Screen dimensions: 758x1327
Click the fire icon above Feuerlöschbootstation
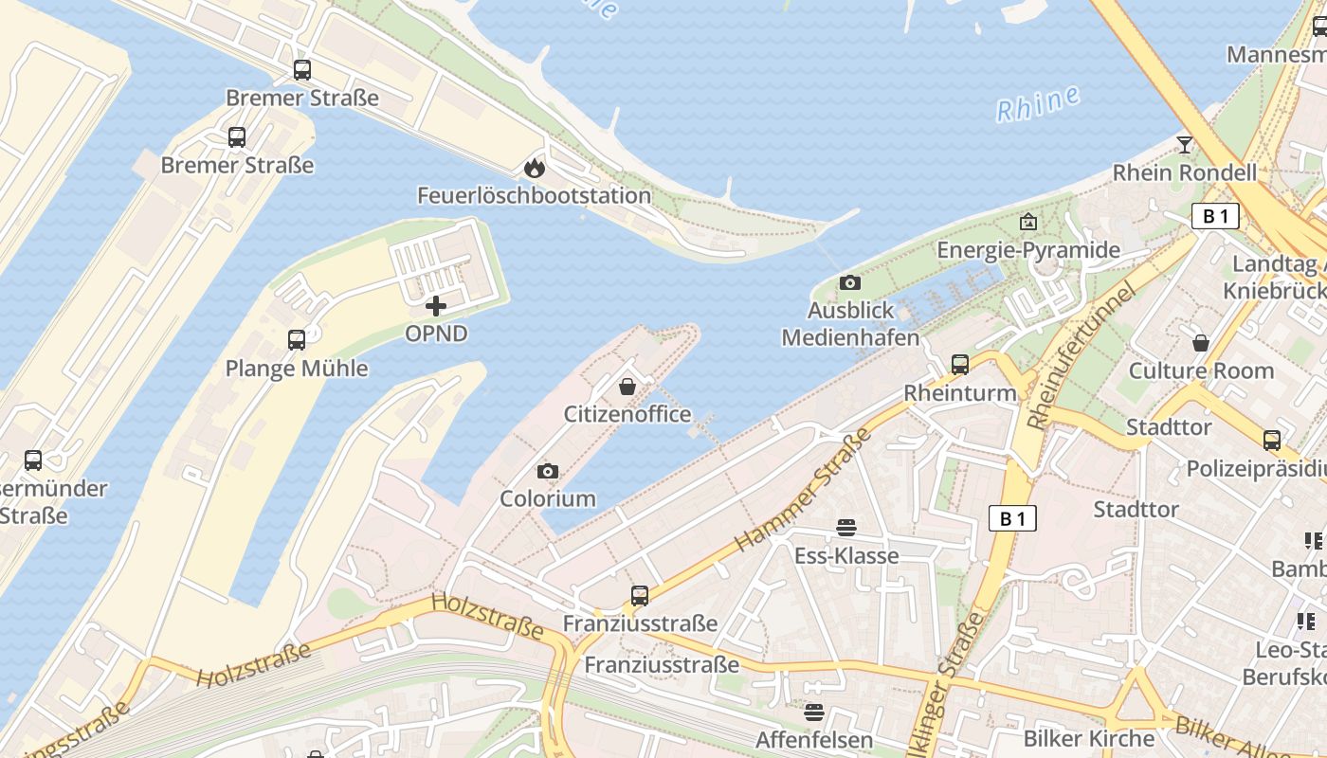click(x=535, y=168)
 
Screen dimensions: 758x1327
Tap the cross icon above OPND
click(x=436, y=306)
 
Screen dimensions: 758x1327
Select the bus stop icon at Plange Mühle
click(x=297, y=340)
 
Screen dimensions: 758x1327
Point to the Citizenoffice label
click(x=627, y=414)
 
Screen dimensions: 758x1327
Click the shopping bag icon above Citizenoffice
click(x=627, y=387)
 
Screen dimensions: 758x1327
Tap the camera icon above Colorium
click(x=548, y=471)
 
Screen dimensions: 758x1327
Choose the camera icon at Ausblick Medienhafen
click(x=850, y=282)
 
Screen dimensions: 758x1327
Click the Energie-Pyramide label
click(x=1028, y=250)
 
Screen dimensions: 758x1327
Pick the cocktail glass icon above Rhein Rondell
click(x=1185, y=145)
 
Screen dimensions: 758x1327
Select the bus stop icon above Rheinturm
click(x=960, y=365)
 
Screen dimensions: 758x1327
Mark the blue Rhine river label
click(x=1039, y=103)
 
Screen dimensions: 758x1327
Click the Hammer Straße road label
click(x=803, y=490)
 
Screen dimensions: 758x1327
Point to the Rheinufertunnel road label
click(x=1081, y=355)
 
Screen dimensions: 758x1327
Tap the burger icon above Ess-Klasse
click(x=846, y=528)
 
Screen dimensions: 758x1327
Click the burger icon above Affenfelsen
click(x=814, y=712)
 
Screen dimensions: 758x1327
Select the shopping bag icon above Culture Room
click(x=1201, y=343)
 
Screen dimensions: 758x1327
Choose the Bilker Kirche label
click(x=1089, y=738)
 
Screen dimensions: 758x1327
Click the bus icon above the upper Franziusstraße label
click(x=640, y=596)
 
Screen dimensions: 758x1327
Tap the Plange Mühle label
click(x=297, y=369)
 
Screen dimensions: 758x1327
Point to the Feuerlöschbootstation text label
click(x=535, y=196)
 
